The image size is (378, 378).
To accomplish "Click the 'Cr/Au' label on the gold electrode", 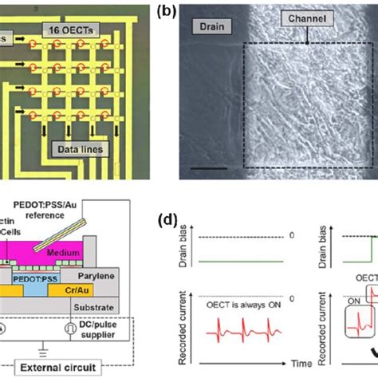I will click(99, 293).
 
